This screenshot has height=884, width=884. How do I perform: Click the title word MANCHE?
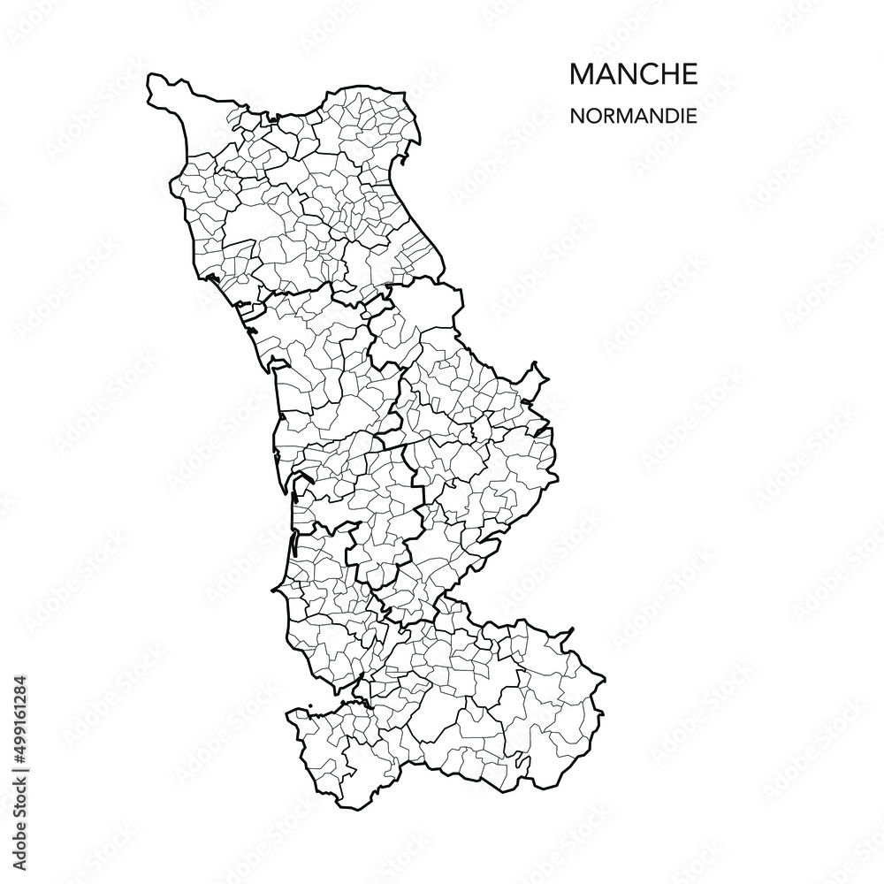[633, 75]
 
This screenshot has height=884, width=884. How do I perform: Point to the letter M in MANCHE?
[582, 75]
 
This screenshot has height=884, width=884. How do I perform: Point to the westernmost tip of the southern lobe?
[288, 713]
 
